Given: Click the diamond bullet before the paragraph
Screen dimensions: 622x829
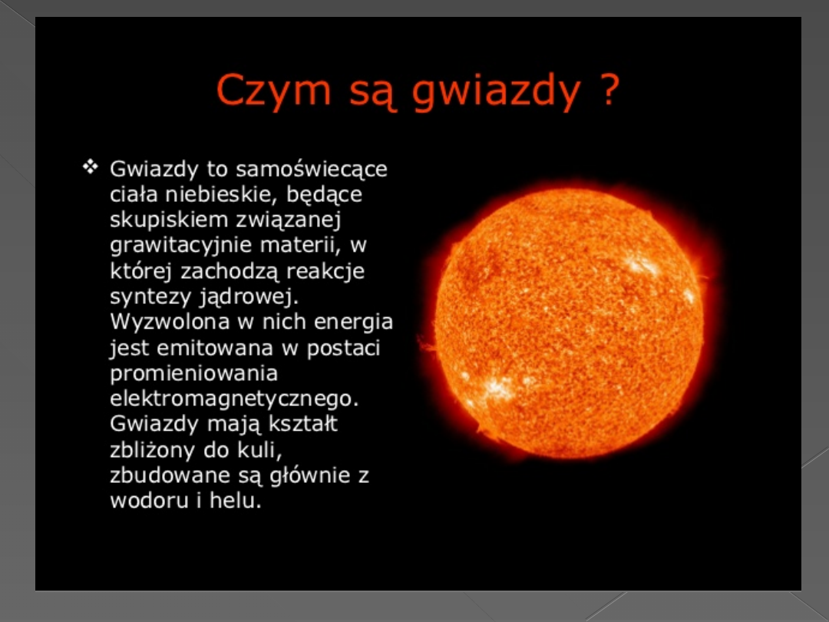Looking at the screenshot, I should tap(91, 167).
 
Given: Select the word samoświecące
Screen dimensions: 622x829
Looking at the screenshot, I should tap(312, 170).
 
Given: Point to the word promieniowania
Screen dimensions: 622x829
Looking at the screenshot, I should tap(193, 374).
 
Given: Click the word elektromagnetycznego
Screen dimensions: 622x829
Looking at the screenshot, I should tap(234, 399).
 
